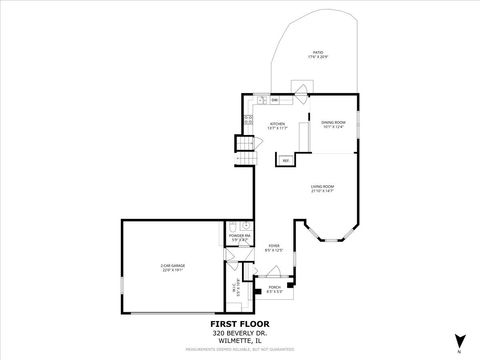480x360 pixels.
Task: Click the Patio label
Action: pos(318,54)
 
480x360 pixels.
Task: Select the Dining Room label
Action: pos(333,125)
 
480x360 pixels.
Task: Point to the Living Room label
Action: pos(321,188)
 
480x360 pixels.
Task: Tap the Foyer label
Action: pos(273,247)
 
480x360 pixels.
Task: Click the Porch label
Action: pos(275,291)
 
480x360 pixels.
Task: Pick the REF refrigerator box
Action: pos(285,160)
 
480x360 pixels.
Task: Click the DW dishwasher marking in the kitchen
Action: pos(260,100)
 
